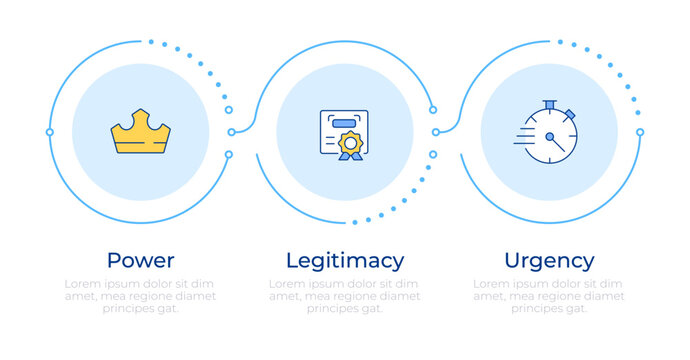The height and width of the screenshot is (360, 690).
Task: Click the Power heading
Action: point(141,261)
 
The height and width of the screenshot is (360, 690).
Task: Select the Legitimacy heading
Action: point(345,261)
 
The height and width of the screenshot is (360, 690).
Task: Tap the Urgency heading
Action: point(549,261)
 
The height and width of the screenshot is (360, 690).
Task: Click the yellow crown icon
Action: point(141,132)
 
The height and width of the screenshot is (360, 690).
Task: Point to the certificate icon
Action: point(344,134)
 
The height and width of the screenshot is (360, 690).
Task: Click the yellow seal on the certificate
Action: point(349,143)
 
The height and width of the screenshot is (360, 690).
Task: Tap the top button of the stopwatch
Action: point(549,103)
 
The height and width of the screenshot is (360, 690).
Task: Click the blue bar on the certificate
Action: point(345,122)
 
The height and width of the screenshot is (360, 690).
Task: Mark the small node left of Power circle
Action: point(50,132)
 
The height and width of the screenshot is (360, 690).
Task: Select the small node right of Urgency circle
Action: point(640,132)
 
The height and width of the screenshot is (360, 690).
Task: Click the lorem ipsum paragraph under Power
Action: point(141,296)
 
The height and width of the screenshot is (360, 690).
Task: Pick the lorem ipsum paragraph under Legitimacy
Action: point(345,296)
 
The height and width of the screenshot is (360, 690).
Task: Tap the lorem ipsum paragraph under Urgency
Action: point(549,296)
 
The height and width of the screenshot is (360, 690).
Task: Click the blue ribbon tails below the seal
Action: point(349,156)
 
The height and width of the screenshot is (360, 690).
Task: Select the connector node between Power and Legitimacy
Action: point(232,132)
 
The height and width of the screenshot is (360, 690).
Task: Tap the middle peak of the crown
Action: point(141,118)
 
